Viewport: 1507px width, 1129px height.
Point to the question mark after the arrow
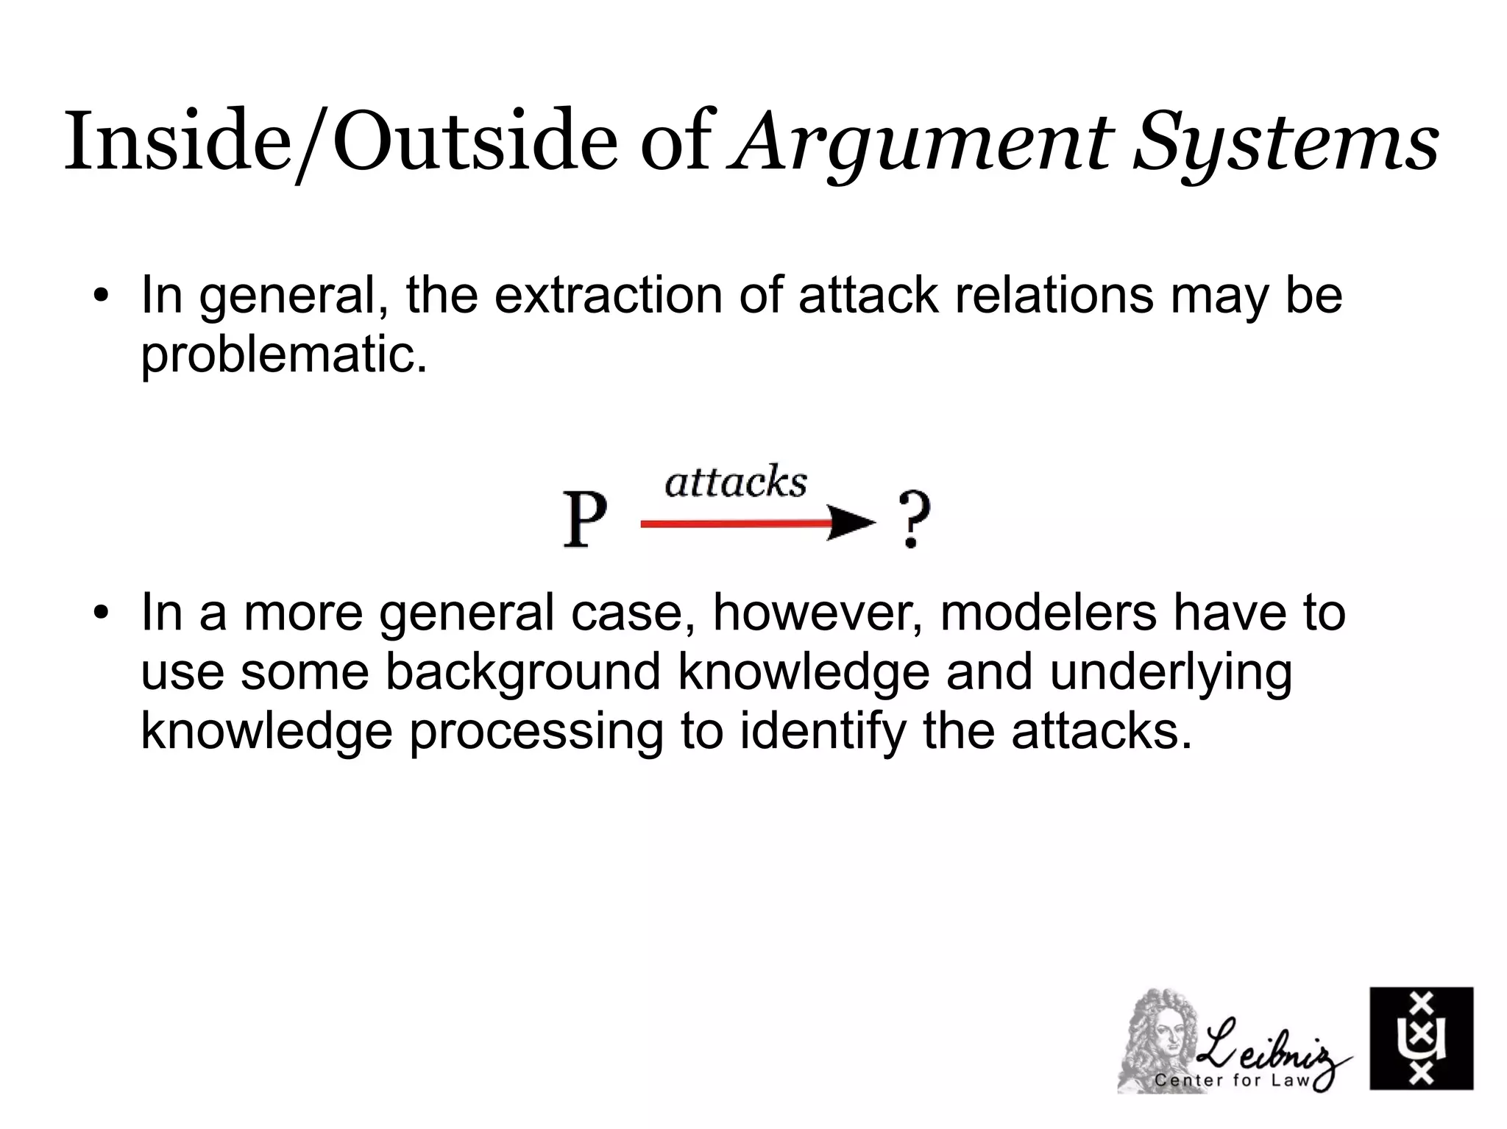[914, 520]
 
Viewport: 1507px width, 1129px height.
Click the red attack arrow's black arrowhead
[851, 523]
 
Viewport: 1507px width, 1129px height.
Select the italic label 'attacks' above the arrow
[736, 482]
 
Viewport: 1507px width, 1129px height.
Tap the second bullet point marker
[101, 613]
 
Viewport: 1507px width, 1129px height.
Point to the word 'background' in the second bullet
[522, 672]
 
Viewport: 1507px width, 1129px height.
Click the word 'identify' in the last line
[822, 732]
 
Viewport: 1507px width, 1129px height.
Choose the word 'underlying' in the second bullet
[1171, 672]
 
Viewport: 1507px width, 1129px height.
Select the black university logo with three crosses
[1421, 1038]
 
